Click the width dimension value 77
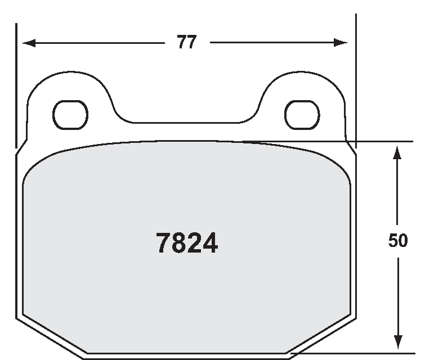click(187, 42)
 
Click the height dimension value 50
click(397, 240)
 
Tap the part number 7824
click(187, 243)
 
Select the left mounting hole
click(70, 115)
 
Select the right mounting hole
click(302, 115)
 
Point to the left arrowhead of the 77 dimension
click(29, 43)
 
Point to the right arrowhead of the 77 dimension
click(341, 43)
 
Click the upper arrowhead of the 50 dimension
click(397, 152)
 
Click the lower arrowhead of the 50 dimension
click(398, 342)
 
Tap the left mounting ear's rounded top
click(70, 72)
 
